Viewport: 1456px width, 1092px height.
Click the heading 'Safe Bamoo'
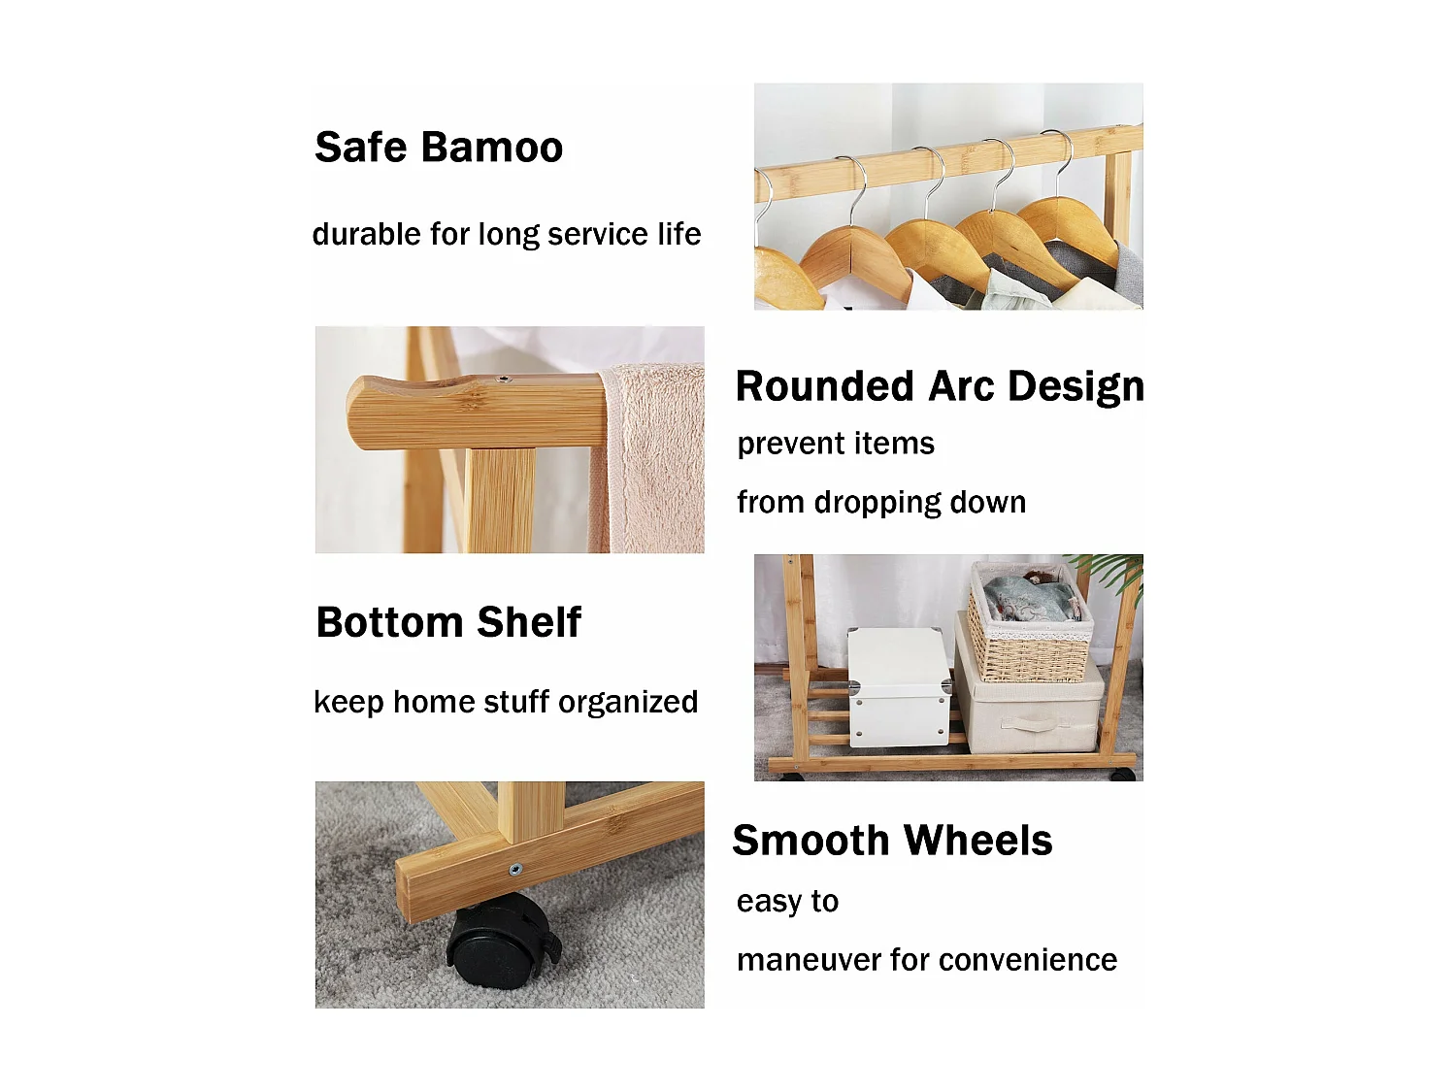click(x=439, y=147)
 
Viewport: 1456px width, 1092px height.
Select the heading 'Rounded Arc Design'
click(x=940, y=386)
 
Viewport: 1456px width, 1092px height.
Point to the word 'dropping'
click(x=877, y=503)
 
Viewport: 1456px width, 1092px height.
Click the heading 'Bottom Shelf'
click(x=448, y=622)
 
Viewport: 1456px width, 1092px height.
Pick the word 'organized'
click(x=627, y=702)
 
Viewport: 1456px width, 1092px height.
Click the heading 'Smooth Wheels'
click(x=892, y=840)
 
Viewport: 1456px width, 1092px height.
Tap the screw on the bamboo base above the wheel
click(x=514, y=869)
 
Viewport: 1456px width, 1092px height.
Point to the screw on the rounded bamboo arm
click(x=504, y=380)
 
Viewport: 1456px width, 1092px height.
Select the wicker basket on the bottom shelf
click(x=1028, y=623)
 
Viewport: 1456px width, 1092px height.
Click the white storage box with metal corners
click(x=900, y=687)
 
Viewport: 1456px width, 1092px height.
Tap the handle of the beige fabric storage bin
click(x=1029, y=723)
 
